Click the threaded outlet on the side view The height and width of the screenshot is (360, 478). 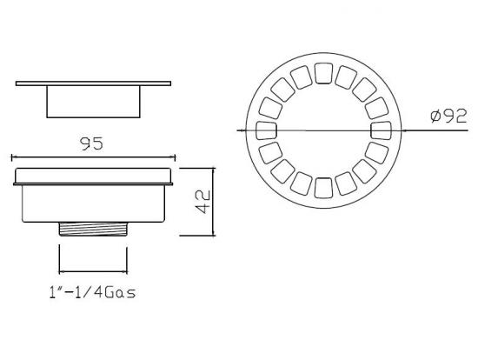pos(93,230)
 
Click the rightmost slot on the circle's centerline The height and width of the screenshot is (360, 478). pos(379,130)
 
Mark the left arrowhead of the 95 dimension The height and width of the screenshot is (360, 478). pos(13,158)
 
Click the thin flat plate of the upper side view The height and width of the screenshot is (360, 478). pos(93,83)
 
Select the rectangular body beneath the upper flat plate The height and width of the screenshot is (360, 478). pos(93,101)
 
